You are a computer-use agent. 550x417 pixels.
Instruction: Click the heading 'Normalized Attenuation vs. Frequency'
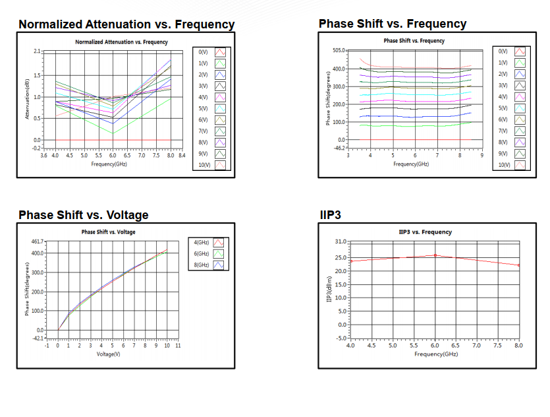point(126,24)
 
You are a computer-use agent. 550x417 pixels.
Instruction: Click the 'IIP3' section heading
point(329,215)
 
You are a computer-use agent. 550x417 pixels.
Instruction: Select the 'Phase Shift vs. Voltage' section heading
point(84,215)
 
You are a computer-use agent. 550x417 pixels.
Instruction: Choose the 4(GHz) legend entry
point(202,242)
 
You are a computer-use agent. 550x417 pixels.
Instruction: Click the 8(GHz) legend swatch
point(220,265)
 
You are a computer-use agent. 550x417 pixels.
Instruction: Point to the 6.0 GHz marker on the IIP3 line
point(435,255)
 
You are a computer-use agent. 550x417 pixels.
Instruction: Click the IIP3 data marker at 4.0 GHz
point(350,261)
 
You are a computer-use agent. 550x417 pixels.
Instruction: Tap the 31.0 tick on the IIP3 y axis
point(339,241)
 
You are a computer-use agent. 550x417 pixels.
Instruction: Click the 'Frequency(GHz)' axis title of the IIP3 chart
point(435,354)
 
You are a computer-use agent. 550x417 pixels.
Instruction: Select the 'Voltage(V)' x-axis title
point(109,354)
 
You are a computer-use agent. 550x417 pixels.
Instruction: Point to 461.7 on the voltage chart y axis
point(37,243)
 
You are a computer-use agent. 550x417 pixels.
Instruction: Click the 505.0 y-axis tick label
point(339,50)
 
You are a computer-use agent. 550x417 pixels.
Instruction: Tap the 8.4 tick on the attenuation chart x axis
point(182,156)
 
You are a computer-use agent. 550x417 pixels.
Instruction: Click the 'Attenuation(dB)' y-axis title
point(27,99)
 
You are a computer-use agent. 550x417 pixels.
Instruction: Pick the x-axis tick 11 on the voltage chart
point(178,345)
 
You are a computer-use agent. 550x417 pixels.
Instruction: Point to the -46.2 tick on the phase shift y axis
point(339,146)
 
